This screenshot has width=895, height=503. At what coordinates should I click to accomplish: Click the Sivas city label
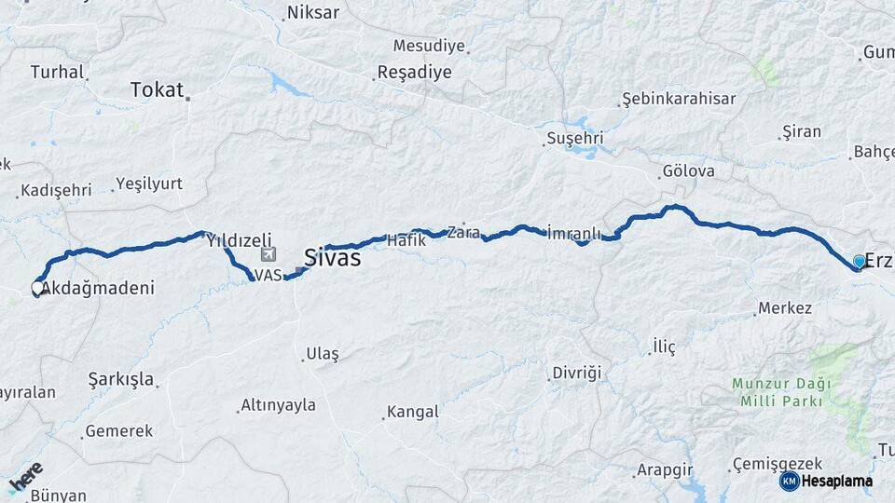332,258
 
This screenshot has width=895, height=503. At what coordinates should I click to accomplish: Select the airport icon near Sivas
269,253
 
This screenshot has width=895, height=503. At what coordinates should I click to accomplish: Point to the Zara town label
463,233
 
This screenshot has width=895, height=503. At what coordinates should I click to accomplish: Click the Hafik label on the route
406,239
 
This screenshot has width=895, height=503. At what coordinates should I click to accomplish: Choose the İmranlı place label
574,232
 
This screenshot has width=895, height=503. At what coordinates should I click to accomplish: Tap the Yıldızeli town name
239,238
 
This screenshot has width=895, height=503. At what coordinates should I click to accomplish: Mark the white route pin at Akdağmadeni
38,289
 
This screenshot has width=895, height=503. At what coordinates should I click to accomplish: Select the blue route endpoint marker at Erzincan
859,262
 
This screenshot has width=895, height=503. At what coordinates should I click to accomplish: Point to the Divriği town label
577,373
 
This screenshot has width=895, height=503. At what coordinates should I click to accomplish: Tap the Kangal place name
412,411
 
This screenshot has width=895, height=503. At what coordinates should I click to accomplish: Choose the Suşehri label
574,139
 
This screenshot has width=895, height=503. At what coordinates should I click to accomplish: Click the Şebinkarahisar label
679,99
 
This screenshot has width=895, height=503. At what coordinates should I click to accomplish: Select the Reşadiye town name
414,72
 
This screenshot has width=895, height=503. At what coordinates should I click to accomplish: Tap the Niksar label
313,13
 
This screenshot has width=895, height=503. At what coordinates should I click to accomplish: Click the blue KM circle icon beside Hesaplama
789,481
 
